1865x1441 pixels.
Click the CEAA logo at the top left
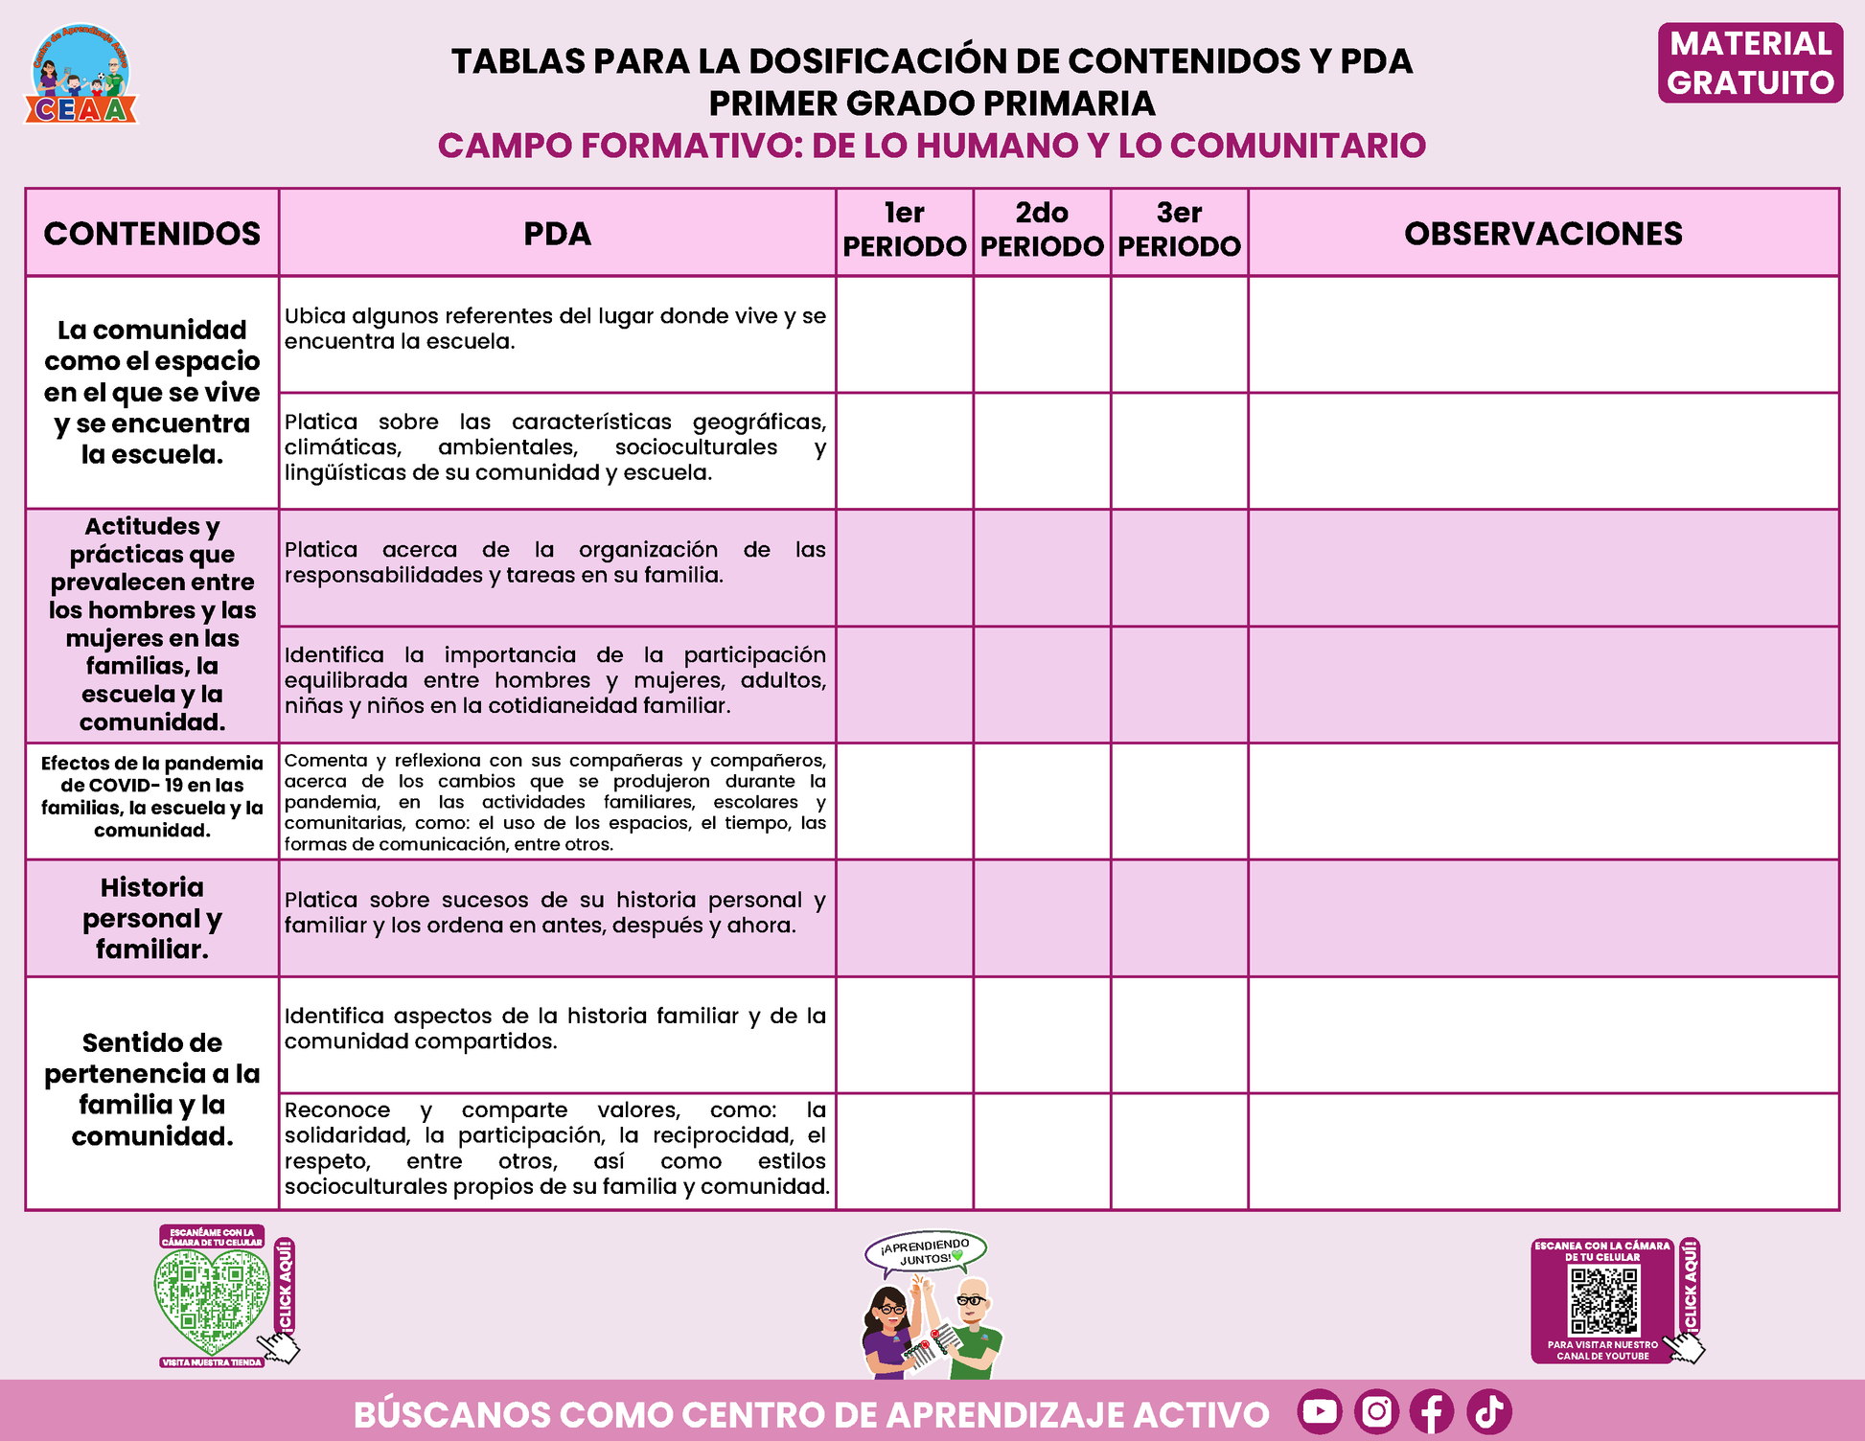(x=81, y=75)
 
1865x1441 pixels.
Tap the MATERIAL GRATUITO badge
(x=1750, y=63)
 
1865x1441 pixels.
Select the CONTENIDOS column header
(x=152, y=233)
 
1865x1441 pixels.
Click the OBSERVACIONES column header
(x=1543, y=233)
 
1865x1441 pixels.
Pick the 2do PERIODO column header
(x=1042, y=230)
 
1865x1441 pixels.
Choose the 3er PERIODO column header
(x=1179, y=230)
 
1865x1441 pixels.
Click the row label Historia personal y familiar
(x=152, y=918)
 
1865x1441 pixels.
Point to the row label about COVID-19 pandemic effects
(x=152, y=797)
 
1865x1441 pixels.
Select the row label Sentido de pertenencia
(x=152, y=1089)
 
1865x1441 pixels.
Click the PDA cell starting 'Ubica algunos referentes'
(x=556, y=329)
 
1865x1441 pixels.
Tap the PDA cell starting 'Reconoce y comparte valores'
(x=556, y=1148)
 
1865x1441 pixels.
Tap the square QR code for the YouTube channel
(x=1603, y=1301)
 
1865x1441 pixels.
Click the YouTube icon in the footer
(x=1320, y=1411)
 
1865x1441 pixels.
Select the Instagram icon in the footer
(x=1376, y=1411)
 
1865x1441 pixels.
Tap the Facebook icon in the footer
(x=1432, y=1411)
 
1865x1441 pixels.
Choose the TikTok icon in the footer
(x=1488, y=1411)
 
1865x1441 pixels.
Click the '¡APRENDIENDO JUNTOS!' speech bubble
(x=925, y=1251)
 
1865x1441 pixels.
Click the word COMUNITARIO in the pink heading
(x=1298, y=146)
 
